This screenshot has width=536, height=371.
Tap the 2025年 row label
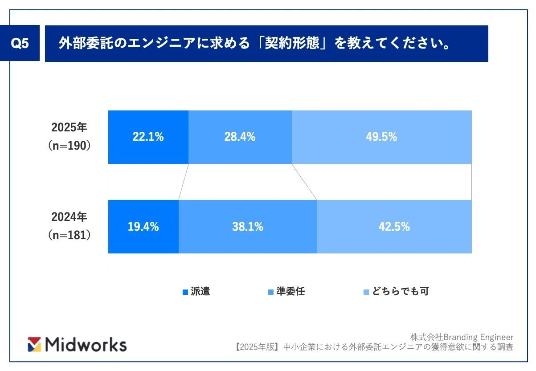pos(70,127)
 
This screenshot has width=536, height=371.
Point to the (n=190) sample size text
pos(70,146)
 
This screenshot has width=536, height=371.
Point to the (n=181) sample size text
pos(70,236)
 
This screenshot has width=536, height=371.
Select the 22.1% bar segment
pos(148,137)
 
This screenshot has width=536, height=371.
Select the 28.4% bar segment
pos(240,137)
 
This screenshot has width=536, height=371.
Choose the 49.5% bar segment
pos(381,137)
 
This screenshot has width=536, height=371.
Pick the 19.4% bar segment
pos(143,227)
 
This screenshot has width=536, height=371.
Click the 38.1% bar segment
pos(248,227)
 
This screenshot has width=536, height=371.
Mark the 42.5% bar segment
pos(394,227)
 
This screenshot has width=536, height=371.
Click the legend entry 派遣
pos(196,292)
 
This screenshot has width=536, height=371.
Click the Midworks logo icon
pos(35,344)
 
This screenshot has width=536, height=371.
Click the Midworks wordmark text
pos(86,344)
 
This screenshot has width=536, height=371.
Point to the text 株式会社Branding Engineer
pos(462,337)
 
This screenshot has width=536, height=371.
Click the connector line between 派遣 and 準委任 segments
pos(184,182)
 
